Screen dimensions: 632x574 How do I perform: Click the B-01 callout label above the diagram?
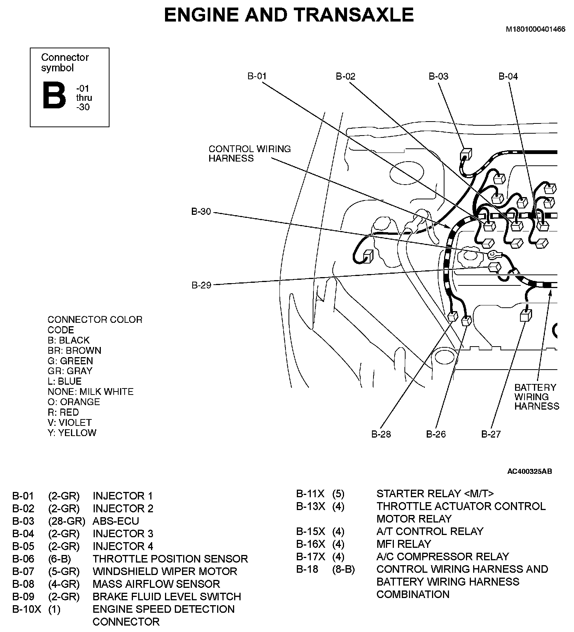pyautogui.click(x=257, y=76)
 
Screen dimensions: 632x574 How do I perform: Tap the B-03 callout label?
pyautogui.click(x=438, y=76)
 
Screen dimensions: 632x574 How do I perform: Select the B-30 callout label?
pyautogui.click(x=201, y=212)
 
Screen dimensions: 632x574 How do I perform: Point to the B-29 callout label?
pyautogui.click(x=201, y=285)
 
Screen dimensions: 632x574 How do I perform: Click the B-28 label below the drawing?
pyautogui.click(x=381, y=434)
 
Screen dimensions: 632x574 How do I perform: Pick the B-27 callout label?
pyautogui.click(x=491, y=434)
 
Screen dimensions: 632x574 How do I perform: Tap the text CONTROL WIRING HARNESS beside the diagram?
pyautogui.click(x=250, y=154)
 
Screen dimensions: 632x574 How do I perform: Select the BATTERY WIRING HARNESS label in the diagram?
pyautogui.click(x=536, y=397)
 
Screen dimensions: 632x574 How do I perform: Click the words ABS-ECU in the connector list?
pyautogui.click(x=116, y=521)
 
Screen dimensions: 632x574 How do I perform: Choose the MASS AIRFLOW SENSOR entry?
pyautogui.click(x=156, y=584)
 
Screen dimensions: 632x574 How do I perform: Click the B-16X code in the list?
pyautogui.click(x=310, y=544)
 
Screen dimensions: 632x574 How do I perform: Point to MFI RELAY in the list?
pyautogui.click(x=403, y=544)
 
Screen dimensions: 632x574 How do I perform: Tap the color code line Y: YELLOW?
pyautogui.click(x=72, y=433)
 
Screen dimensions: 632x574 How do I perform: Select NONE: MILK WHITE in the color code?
pyautogui.click(x=91, y=392)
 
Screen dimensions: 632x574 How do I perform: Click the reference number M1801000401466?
pyautogui.click(x=535, y=29)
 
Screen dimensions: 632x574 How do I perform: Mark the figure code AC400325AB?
pyautogui.click(x=529, y=472)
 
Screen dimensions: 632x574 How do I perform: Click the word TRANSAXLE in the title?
pyautogui.click(x=353, y=15)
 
